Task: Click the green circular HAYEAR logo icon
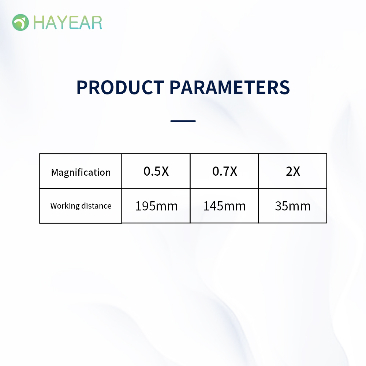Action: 20,22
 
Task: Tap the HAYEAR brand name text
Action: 68,23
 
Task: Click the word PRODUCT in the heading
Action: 120,87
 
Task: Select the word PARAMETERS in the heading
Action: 229,87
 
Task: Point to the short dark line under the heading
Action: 183,121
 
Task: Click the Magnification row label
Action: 81,172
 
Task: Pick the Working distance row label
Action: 81,206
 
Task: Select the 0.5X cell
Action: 156,171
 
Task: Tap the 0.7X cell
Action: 225,171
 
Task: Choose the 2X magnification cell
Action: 293,171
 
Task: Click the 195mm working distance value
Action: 156,206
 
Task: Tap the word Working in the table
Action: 65,206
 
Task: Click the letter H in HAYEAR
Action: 38,23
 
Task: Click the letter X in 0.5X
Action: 165,171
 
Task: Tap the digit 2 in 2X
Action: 290,171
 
